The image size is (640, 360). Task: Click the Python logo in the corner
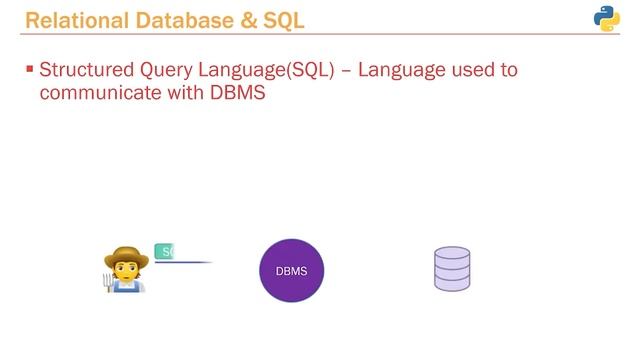[607, 19]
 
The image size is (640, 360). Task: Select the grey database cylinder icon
[453, 270]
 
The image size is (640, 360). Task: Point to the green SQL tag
[165, 251]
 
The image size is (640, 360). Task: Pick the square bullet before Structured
[29, 71]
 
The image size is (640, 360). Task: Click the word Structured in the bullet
[86, 73]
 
